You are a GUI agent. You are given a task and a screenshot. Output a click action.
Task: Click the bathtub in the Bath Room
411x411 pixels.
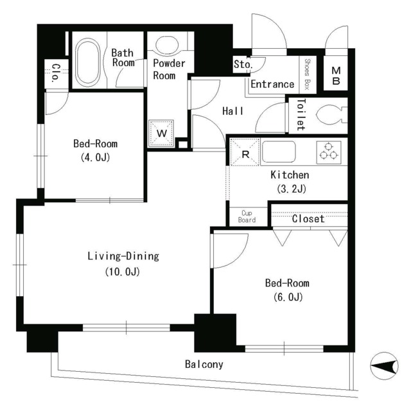[x=87, y=62]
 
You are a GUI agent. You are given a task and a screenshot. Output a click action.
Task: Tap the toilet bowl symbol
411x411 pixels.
[x=331, y=115]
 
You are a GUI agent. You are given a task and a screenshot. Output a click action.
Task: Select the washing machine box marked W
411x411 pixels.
[x=161, y=133]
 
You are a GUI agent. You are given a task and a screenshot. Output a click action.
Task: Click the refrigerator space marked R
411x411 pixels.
[x=245, y=152]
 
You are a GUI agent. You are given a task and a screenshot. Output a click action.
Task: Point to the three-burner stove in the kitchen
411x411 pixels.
[x=329, y=153]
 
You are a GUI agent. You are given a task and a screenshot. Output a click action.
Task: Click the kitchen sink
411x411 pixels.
[x=279, y=152]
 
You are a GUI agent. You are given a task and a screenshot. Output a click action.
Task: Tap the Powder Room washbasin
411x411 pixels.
[x=167, y=44]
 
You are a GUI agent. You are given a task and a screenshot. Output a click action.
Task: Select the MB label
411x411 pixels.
[x=336, y=76]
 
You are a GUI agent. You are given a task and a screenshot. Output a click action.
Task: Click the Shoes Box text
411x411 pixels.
[x=308, y=74]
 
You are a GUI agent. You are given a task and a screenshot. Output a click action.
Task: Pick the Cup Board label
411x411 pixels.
[x=247, y=216]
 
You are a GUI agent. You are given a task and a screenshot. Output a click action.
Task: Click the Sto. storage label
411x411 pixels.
[x=243, y=64]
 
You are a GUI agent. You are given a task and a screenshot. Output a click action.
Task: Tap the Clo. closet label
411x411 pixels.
[x=55, y=73]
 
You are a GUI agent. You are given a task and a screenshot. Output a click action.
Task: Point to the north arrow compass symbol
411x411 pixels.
[x=384, y=365]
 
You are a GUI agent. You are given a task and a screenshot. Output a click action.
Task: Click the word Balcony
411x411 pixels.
[x=204, y=364]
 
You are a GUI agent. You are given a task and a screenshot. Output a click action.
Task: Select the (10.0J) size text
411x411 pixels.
[x=123, y=272]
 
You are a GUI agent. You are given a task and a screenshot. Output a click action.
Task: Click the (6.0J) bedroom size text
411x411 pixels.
[x=288, y=297]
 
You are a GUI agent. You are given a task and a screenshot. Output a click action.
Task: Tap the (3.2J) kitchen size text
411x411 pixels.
[x=292, y=189]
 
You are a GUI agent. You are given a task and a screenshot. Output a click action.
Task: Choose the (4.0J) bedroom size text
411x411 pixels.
[x=95, y=157]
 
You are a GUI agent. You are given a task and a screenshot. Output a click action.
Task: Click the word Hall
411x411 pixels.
[x=232, y=111]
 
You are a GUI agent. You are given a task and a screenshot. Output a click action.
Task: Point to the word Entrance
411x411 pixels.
[x=272, y=84]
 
